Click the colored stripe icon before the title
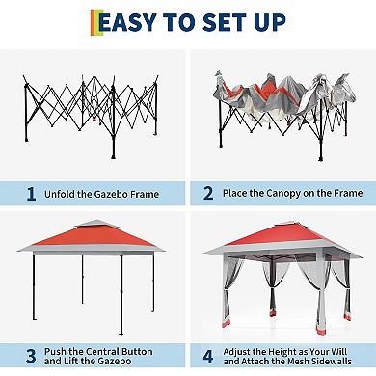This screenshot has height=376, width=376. click(x=94, y=22)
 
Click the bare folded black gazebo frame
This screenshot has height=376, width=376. click(x=92, y=111)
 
